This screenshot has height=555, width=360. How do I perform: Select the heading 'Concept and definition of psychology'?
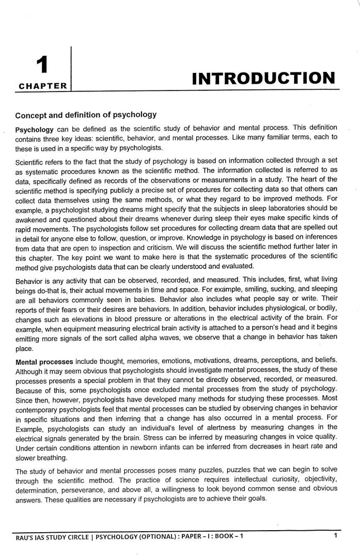pyautogui.click(x=86, y=114)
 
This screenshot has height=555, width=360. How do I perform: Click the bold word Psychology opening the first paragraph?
pyautogui.click(x=35, y=128)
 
